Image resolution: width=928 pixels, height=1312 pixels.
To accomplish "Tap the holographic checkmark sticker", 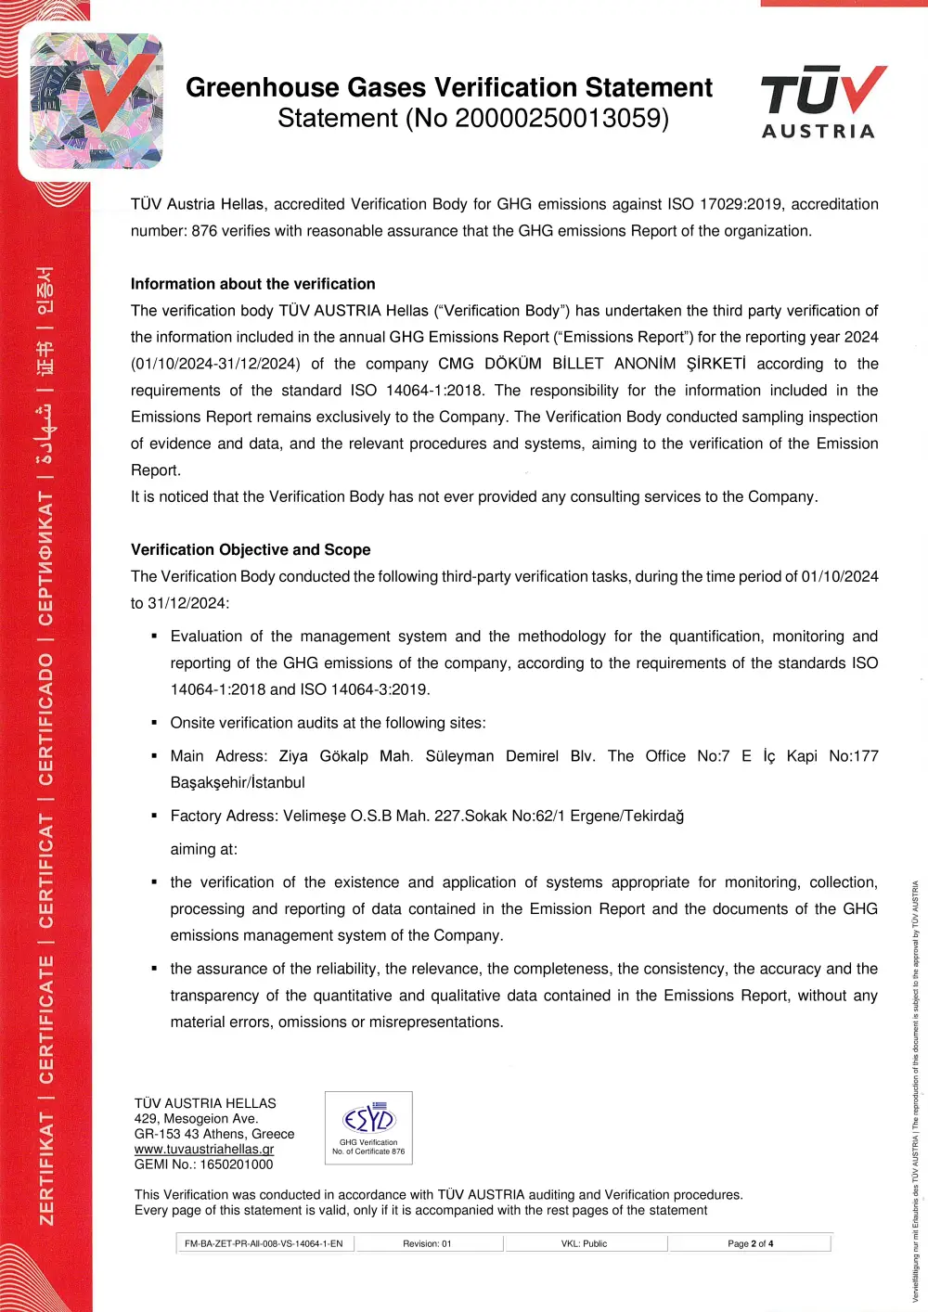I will click(97, 101).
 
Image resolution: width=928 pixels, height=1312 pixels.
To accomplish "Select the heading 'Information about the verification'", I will click(252, 284).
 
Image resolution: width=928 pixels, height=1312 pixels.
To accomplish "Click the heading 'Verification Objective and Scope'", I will click(251, 549).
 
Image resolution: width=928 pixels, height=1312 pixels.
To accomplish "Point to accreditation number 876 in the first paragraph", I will click(204, 231).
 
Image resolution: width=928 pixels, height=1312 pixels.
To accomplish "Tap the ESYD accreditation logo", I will click(368, 1127).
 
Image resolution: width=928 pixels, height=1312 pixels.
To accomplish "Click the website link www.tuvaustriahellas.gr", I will click(204, 1149).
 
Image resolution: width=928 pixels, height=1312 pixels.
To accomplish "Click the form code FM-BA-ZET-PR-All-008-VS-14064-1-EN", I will click(264, 1243).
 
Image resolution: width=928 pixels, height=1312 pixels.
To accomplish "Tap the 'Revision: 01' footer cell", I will click(427, 1243).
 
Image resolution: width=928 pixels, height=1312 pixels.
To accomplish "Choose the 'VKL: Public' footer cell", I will click(584, 1243).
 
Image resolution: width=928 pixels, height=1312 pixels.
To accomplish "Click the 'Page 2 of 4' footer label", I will click(750, 1243).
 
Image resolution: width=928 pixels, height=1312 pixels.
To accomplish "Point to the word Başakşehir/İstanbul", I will click(238, 782).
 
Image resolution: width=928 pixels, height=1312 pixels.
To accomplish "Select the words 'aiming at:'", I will click(203, 849).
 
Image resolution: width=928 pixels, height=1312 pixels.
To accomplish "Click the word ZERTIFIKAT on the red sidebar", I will click(45, 1168).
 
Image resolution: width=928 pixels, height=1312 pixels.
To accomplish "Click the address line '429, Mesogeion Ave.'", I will click(196, 1119).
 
